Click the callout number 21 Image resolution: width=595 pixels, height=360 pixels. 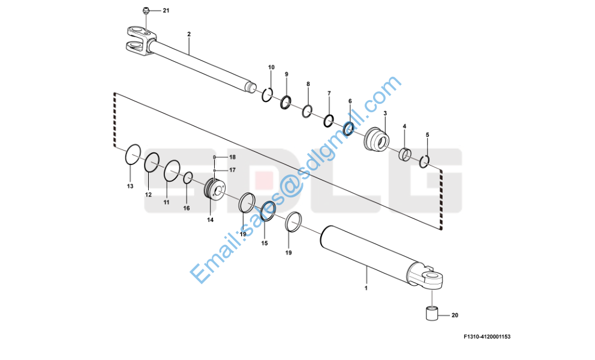166,11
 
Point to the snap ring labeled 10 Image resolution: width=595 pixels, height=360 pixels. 268,94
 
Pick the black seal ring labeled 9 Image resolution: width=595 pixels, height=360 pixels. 287,103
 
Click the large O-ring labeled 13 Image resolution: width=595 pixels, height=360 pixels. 133,155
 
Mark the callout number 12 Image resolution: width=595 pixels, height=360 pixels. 148,195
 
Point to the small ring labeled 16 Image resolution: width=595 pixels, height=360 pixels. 188,177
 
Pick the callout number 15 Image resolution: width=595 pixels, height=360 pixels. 265,243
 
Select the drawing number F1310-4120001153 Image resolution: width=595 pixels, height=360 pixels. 486,337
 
